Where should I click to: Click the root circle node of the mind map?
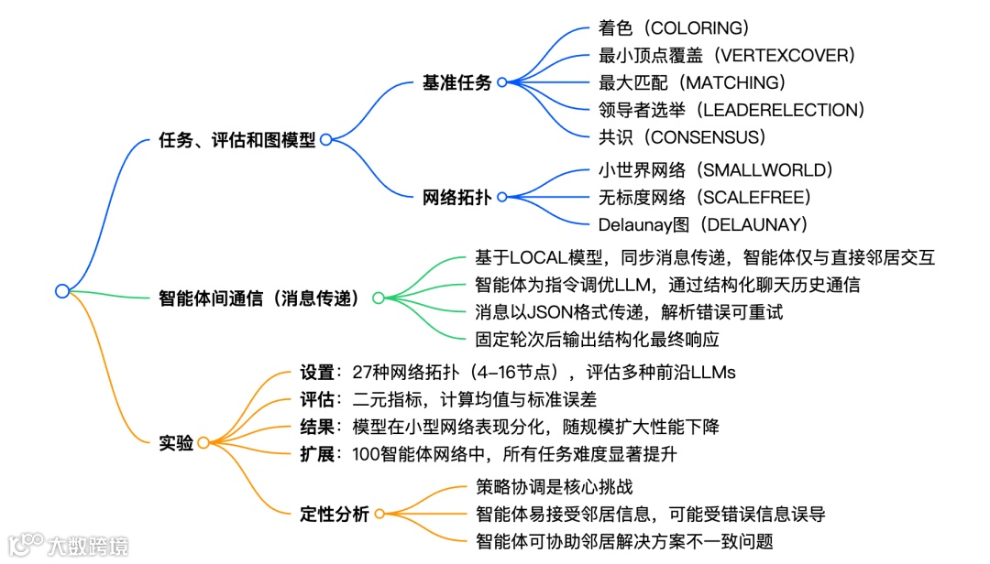(62, 291)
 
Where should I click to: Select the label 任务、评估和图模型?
(237, 140)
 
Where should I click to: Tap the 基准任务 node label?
(456, 82)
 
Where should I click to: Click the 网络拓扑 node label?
(456, 197)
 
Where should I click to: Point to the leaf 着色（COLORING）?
(672, 27)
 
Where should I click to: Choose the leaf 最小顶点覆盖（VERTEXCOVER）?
(726, 55)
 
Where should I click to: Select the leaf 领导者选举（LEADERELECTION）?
(731, 110)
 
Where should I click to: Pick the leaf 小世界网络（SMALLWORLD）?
(715, 169)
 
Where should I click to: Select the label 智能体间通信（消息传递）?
(259, 298)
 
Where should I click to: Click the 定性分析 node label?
(335, 514)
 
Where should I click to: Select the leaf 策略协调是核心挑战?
(554, 486)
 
